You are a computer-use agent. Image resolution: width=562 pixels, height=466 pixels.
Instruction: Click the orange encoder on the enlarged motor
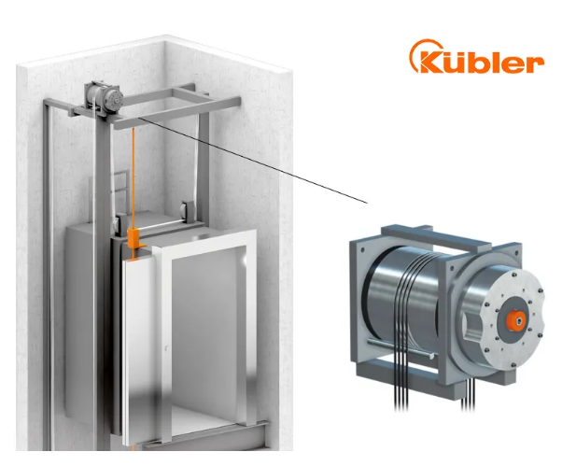click(x=516, y=321)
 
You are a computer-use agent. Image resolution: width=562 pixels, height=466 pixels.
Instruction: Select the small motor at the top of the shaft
click(x=105, y=97)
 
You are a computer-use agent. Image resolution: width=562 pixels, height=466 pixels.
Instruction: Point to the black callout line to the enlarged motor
click(x=253, y=160)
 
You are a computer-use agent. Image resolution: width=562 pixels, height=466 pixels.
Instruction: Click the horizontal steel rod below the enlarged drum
click(x=400, y=348)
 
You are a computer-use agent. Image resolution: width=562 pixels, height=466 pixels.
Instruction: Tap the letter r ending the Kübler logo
click(x=535, y=64)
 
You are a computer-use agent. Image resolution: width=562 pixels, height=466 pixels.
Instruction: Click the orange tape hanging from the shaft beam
click(x=133, y=178)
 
